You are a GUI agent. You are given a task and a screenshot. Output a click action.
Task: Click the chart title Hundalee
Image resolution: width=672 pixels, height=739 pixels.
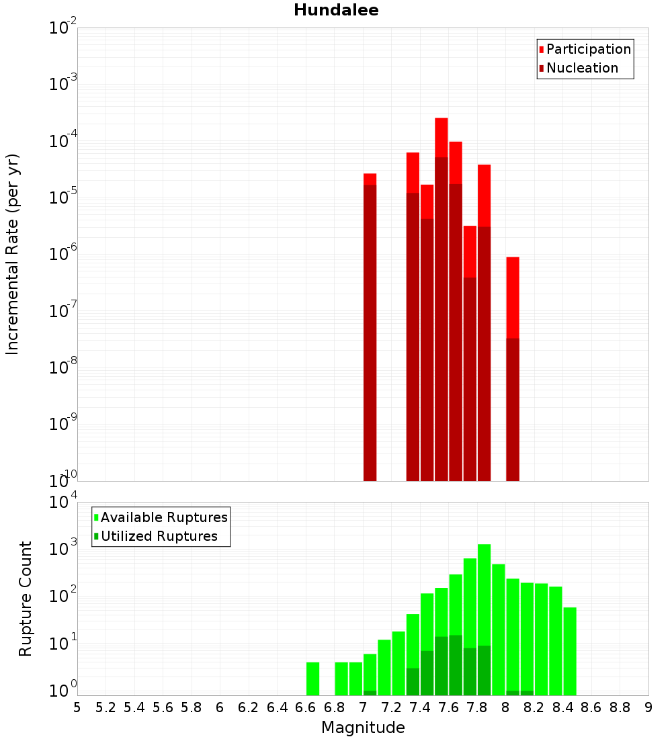[x=336, y=10]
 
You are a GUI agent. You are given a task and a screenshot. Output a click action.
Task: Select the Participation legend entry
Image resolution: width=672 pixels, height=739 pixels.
[x=588, y=49]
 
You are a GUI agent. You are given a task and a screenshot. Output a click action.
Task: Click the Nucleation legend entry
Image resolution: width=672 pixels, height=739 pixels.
[x=582, y=68]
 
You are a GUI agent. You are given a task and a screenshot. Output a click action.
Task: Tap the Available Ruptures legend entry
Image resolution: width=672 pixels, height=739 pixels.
[x=163, y=517]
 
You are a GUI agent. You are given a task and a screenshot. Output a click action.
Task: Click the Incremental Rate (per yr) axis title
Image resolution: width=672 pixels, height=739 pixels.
[x=12, y=254]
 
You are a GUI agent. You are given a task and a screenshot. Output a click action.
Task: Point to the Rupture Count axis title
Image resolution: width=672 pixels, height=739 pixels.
[x=26, y=598]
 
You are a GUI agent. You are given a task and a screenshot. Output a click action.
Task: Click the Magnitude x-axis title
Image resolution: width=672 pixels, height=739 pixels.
[x=363, y=728]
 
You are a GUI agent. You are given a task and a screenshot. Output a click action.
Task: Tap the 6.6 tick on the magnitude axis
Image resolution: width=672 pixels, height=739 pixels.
[x=306, y=707]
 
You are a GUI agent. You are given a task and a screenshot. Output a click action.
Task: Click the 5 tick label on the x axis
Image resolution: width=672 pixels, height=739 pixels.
[x=77, y=707]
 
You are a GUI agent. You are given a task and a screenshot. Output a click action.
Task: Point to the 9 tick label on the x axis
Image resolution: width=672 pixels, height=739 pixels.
[x=648, y=707]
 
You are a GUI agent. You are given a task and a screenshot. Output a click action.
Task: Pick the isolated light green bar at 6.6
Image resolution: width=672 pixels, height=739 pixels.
[x=312, y=679]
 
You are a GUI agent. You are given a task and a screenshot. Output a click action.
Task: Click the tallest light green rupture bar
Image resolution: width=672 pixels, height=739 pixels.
[x=484, y=618]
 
